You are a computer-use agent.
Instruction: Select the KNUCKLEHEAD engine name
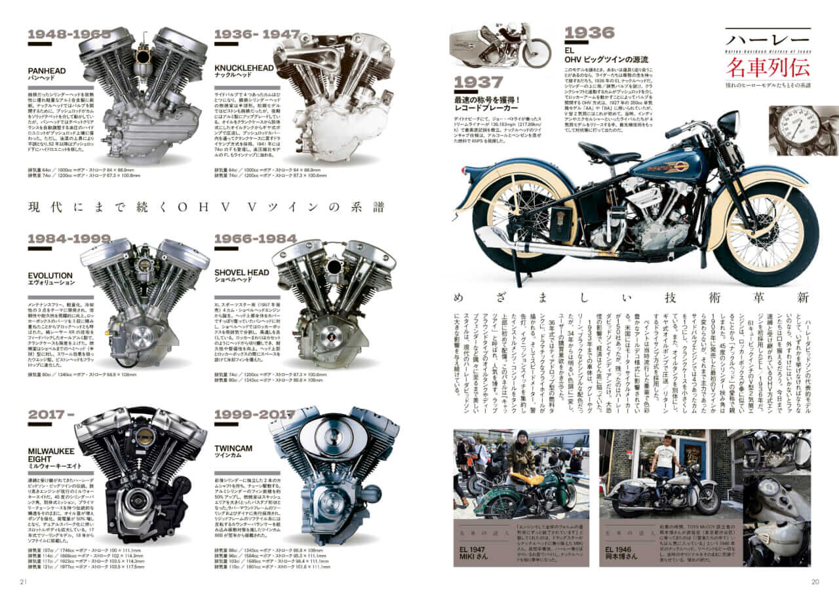[244, 67]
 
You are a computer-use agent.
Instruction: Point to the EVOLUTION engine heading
[50, 276]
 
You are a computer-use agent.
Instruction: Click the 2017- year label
[47, 414]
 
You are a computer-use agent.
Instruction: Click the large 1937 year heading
[479, 83]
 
